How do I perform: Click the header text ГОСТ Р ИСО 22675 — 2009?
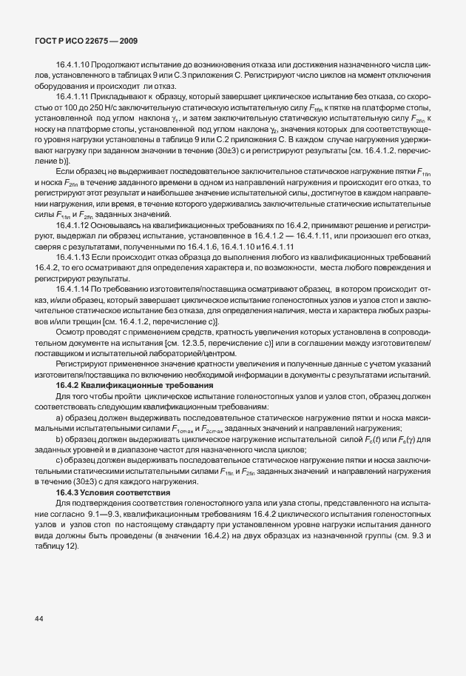coord(86,40)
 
